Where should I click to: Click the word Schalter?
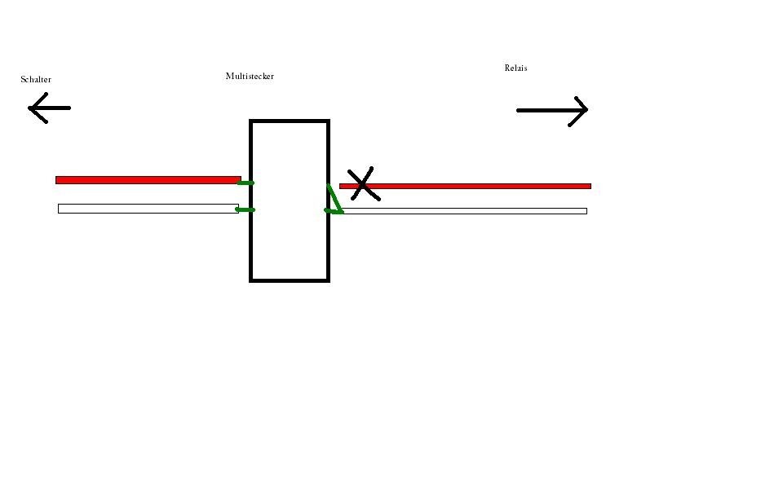[36, 80]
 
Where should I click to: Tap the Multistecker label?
[250, 77]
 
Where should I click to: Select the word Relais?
[515, 68]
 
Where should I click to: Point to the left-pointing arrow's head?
[33, 108]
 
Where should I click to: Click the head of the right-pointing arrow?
[583, 110]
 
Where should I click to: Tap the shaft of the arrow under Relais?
[546, 110]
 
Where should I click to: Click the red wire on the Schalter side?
[147, 180]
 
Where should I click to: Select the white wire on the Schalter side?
[147, 209]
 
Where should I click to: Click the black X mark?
[362, 184]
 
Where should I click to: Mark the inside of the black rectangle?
[290, 236]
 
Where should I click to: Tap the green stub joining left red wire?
[246, 183]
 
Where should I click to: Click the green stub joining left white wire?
[245, 210]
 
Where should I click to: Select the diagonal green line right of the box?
[334, 200]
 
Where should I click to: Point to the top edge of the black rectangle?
[290, 121]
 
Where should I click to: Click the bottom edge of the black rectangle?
[290, 280]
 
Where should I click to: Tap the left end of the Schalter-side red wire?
[58, 180]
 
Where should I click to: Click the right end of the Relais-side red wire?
[588, 187]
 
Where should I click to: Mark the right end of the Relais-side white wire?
[584, 211]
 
